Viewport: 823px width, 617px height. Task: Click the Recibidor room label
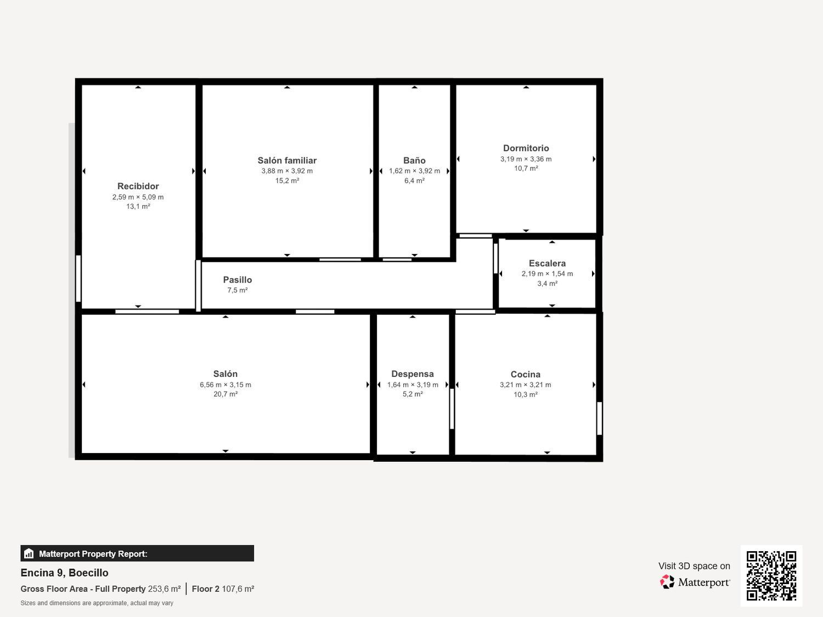coord(138,186)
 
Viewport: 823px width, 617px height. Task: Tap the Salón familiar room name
coord(287,161)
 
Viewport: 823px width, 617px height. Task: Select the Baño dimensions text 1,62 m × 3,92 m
coord(414,171)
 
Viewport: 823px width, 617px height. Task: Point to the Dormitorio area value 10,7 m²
coord(526,168)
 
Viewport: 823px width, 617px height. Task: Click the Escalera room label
coord(547,263)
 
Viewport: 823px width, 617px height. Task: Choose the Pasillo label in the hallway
coord(237,280)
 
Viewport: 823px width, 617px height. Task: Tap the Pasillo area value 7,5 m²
coord(237,290)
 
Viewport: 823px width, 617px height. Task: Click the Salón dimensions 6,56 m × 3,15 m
coord(225,385)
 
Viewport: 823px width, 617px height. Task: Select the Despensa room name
coord(412,374)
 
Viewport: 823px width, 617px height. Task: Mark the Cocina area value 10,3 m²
coord(525,394)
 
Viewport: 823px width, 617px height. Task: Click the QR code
coord(771,575)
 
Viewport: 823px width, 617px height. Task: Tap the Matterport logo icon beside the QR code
coord(667,582)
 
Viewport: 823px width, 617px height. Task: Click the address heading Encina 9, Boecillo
coord(64,573)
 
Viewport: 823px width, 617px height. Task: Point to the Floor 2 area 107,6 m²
coord(238,589)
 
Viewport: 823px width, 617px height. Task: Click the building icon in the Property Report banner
coord(29,554)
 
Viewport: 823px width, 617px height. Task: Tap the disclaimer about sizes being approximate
coord(97,603)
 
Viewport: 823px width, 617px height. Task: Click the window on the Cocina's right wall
coord(599,418)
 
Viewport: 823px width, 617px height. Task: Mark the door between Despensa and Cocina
coord(452,409)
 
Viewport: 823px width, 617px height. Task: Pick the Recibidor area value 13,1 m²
coord(138,207)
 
